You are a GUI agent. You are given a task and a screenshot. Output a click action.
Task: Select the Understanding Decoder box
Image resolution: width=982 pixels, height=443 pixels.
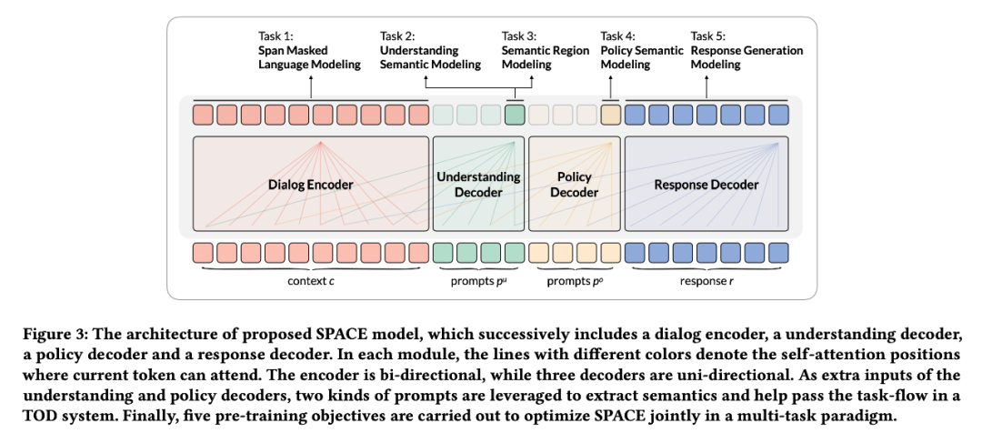[x=478, y=185]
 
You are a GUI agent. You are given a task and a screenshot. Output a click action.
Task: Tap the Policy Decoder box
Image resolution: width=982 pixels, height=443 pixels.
[x=574, y=185]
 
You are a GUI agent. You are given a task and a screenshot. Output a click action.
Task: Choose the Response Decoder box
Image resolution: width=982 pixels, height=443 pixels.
[x=706, y=185]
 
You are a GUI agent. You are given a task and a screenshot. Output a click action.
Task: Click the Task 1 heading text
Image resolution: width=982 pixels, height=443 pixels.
[x=278, y=36]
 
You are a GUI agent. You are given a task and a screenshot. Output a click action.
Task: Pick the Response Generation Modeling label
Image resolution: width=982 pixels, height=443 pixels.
[x=747, y=57]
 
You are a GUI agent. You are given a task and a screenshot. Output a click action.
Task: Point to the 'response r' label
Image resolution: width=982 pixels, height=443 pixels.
[x=706, y=280]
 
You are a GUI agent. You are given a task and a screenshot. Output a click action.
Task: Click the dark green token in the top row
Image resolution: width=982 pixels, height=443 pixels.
[x=515, y=116]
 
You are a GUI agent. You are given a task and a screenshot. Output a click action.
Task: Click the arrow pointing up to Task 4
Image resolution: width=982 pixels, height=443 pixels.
[x=611, y=86]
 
